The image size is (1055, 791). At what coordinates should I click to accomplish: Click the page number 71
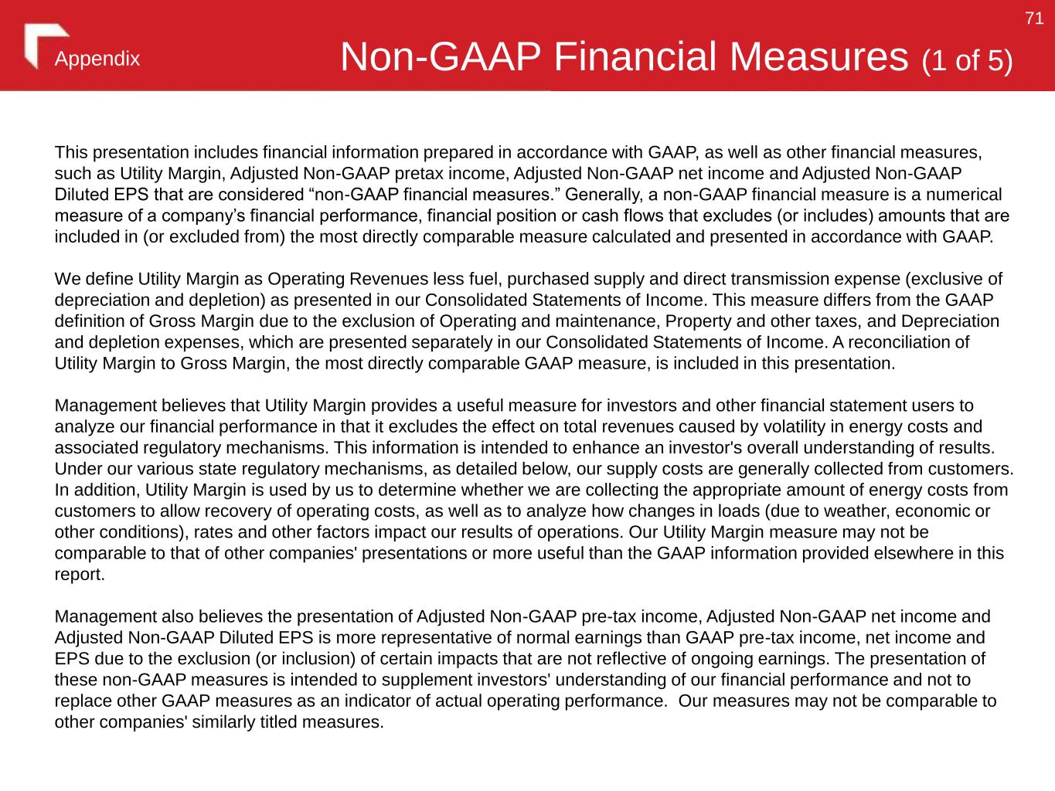click(1034, 19)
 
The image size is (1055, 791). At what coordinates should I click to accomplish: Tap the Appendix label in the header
click(97, 59)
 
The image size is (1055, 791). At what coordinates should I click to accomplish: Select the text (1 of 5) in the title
click(966, 60)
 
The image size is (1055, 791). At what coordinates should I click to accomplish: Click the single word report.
click(79, 575)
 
